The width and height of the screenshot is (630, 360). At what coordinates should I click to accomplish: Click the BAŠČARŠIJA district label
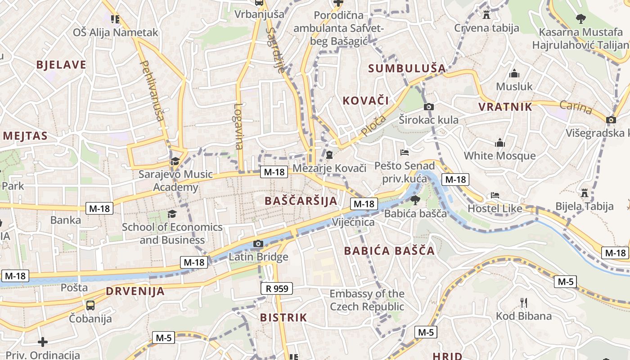point(301,201)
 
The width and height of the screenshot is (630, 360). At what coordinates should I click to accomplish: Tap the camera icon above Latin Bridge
point(258,244)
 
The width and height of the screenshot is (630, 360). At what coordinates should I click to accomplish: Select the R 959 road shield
point(277,288)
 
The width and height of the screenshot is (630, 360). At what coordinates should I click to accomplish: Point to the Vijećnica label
point(353,222)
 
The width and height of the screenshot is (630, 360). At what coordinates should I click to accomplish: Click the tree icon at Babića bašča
point(415,200)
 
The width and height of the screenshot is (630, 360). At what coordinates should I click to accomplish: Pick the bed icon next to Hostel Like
point(495,196)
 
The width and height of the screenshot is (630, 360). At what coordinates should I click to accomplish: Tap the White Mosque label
point(499,156)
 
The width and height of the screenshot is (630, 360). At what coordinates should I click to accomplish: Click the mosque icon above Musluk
point(514,73)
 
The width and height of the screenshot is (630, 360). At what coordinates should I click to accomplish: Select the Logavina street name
point(238,126)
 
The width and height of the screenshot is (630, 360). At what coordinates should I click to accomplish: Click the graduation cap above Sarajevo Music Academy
point(175,161)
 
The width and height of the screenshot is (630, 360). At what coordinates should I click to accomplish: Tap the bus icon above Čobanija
point(90,306)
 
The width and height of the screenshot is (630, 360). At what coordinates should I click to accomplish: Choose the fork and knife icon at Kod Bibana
point(523,302)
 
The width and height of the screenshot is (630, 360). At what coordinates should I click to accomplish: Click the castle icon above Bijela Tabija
point(585,193)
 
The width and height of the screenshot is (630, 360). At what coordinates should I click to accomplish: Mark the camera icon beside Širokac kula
point(429,107)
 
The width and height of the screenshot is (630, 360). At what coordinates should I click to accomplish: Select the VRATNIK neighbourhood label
point(505,107)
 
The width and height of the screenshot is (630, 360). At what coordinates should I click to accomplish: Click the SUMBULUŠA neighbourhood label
point(407,68)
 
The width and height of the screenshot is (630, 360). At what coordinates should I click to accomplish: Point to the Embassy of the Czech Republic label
point(367,300)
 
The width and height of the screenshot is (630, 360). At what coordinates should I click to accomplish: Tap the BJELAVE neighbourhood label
point(61,65)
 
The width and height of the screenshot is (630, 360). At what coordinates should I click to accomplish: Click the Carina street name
point(576,108)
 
